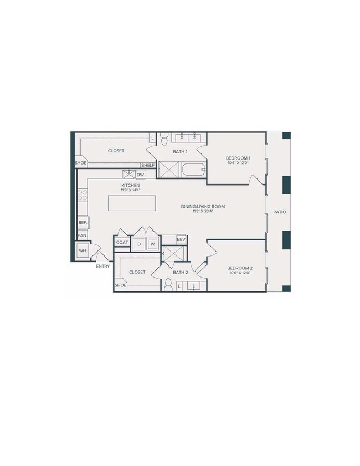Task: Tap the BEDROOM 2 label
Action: (x=239, y=268)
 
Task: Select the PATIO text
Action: (x=279, y=212)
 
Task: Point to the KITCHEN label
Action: (x=130, y=185)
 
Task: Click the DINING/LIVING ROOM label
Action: (x=203, y=207)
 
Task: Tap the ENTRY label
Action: (x=103, y=266)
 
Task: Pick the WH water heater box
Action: (x=83, y=251)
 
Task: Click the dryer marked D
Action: (x=139, y=244)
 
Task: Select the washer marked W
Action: (x=152, y=244)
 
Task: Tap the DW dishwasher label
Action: (x=140, y=175)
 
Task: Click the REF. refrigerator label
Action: (x=83, y=223)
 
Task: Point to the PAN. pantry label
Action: (x=82, y=235)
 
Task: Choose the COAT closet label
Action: (x=122, y=242)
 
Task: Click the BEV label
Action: (x=181, y=239)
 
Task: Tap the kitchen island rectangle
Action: (x=129, y=203)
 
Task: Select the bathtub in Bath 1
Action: (x=193, y=169)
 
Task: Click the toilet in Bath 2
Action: (x=167, y=284)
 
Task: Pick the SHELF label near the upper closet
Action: (x=147, y=165)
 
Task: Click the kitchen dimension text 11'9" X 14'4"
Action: (x=130, y=190)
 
